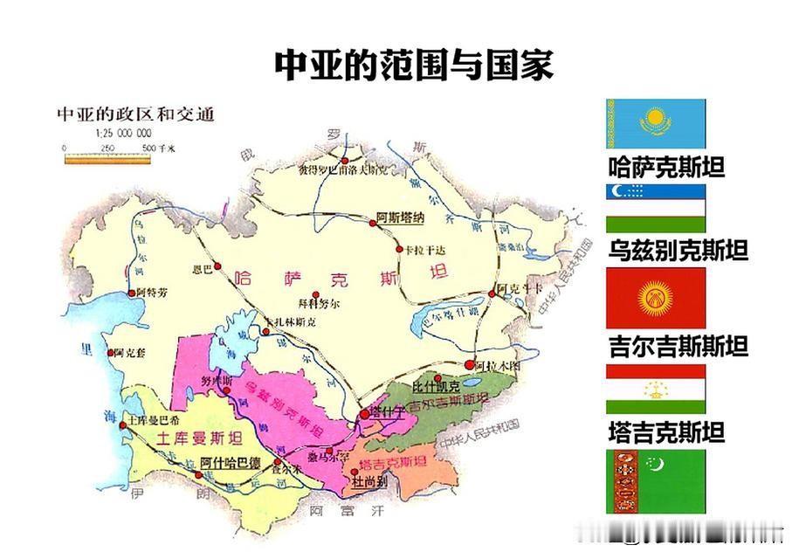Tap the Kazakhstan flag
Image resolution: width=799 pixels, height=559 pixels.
[x=655, y=124]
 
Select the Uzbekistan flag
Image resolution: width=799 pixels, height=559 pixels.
[x=655, y=208]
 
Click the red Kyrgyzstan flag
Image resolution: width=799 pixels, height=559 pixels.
[x=655, y=298]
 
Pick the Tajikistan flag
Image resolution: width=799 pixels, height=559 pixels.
[x=655, y=389]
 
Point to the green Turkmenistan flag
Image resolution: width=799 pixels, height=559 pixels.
[x=655, y=481]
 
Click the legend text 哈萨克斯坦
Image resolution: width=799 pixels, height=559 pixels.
[x=666, y=167]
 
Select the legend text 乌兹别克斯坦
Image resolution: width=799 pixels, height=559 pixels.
[x=678, y=252]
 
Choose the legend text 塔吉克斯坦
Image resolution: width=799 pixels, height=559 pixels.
[x=666, y=432]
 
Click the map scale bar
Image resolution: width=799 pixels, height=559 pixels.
[x=107, y=160]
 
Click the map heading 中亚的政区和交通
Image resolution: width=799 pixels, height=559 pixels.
[x=134, y=114]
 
